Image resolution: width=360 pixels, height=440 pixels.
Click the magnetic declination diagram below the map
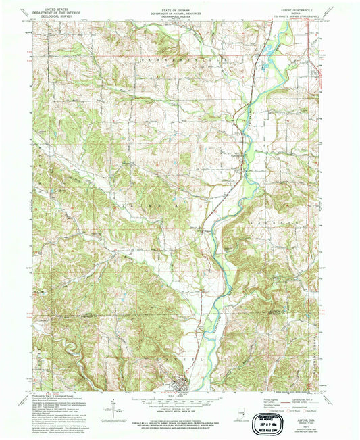(108, 409)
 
